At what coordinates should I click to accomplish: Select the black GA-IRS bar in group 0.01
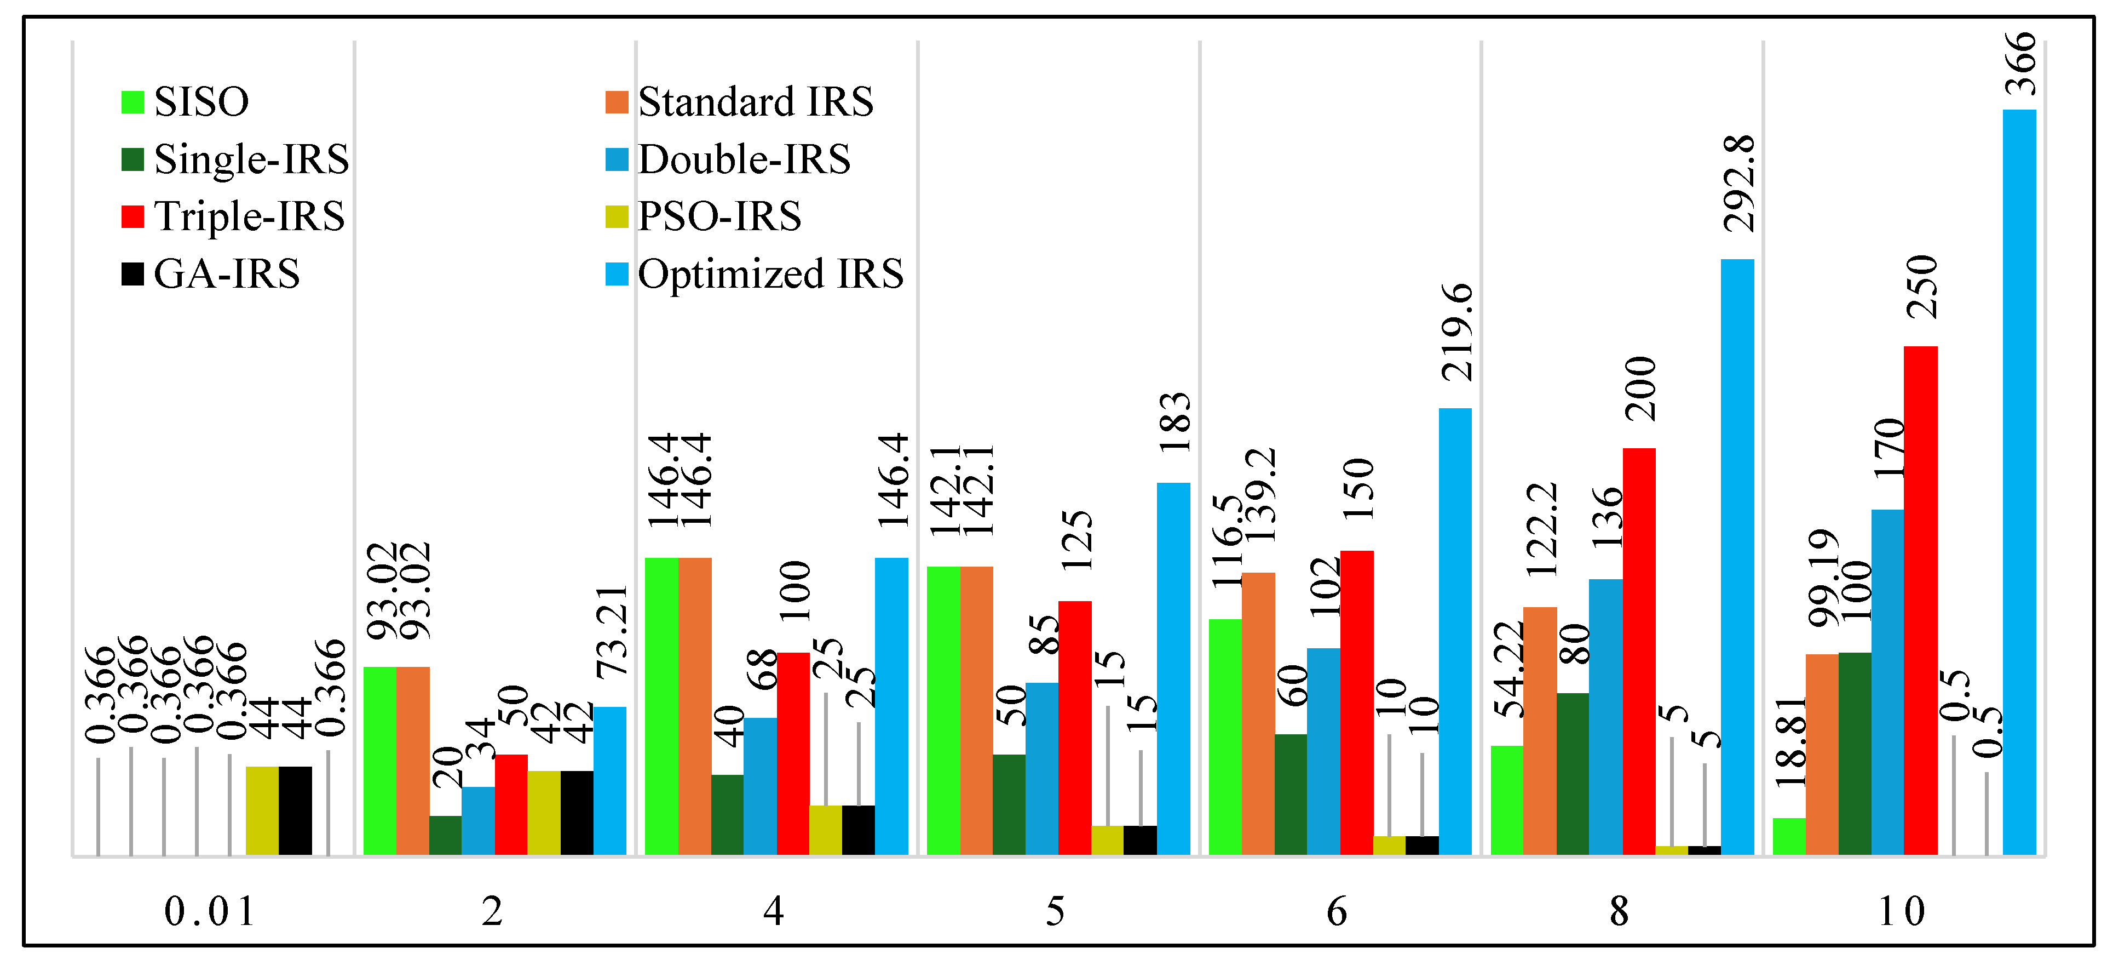point(295,810)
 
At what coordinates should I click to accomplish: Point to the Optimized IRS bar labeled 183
point(1173,669)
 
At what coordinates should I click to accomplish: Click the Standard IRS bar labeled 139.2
point(1258,714)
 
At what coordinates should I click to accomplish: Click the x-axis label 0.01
point(210,911)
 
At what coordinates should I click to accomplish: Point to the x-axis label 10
point(1902,911)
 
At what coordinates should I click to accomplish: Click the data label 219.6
point(1458,332)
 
